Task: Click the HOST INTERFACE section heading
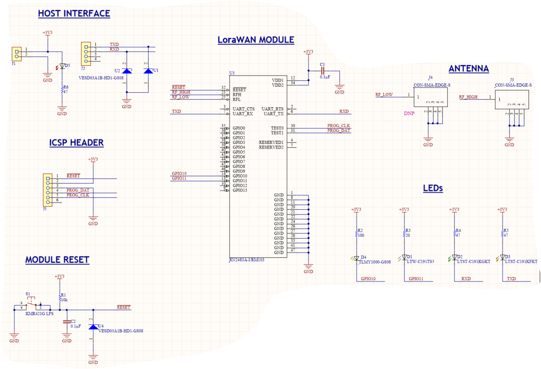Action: (74, 13)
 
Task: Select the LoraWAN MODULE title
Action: (256, 40)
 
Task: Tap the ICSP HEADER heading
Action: (76, 143)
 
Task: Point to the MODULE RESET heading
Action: (57, 260)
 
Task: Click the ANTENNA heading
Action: (468, 69)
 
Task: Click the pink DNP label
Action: (409, 114)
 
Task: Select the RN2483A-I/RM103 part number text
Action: (246, 260)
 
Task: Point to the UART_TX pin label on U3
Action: (273, 114)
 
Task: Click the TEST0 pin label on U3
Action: (277, 128)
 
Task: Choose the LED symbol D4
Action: (356, 258)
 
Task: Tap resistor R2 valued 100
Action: (356, 234)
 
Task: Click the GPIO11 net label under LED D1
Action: (416, 279)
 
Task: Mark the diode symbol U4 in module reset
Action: (93, 327)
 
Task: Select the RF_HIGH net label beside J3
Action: (468, 97)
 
